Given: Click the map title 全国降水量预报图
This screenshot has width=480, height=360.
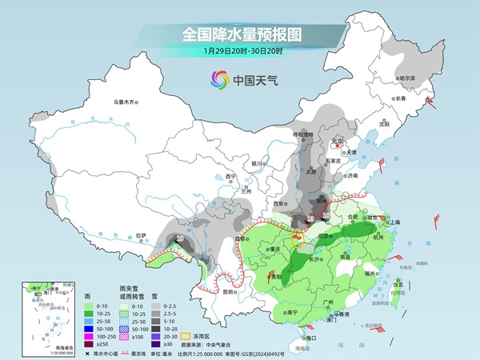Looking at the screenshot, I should [241, 34].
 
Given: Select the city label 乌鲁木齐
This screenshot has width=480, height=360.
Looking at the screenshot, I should [126, 102].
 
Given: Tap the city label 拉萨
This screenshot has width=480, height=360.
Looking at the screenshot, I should [142, 235].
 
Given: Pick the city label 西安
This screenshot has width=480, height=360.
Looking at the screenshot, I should [280, 204].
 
